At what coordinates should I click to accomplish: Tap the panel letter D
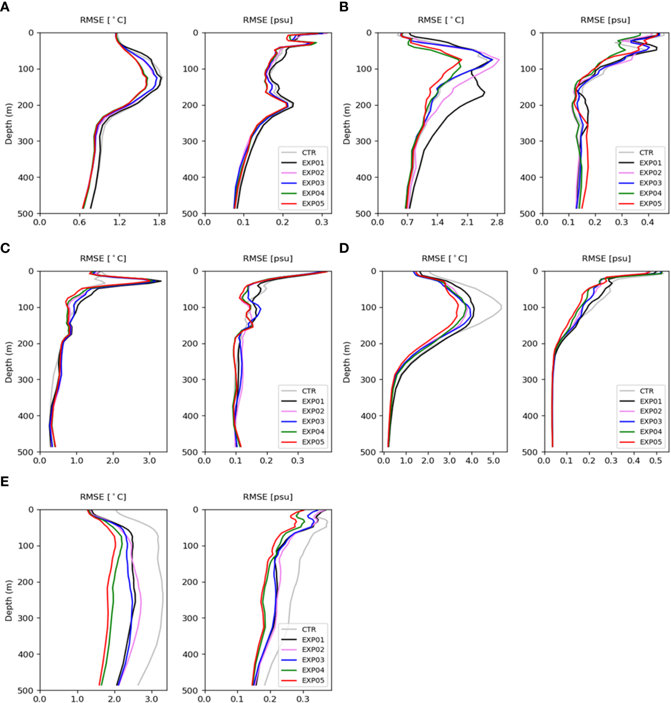click(344, 248)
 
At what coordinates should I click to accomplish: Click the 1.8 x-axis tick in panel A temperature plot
click(160, 222)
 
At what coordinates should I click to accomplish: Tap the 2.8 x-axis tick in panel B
click(497, 222)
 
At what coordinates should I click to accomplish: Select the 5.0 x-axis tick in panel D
click(493, 461)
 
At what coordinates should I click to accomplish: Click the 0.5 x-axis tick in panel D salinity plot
click(656, 461)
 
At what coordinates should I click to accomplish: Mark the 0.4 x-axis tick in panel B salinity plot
click(648, 222)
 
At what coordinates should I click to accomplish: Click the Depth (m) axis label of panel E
click(8, 600)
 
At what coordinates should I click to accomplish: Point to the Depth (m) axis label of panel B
click(347, 123)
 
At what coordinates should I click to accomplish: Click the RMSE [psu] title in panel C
click(268, 258)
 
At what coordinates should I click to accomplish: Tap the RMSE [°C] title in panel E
click(103, 497)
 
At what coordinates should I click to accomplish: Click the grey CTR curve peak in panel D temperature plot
click(501, 307)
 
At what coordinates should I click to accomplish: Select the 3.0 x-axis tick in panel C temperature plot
click(149, 461)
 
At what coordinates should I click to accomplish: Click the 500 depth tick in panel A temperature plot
click(28, 214)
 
